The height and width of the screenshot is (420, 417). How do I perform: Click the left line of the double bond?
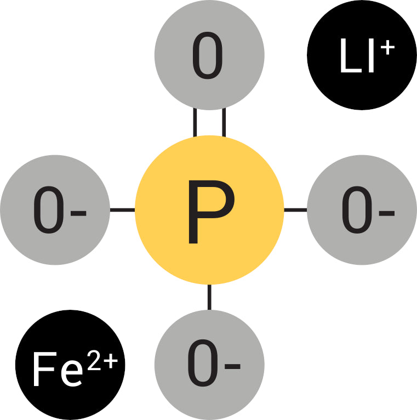[x=195, y=122]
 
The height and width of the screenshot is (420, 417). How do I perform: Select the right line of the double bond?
[x=224, y=122]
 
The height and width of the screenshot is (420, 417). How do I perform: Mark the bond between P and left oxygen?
[x=122, y=210]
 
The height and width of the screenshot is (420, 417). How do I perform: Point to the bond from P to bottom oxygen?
[x=209, y=297]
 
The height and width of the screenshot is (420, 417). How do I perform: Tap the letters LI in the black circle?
[x=357, y=58]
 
